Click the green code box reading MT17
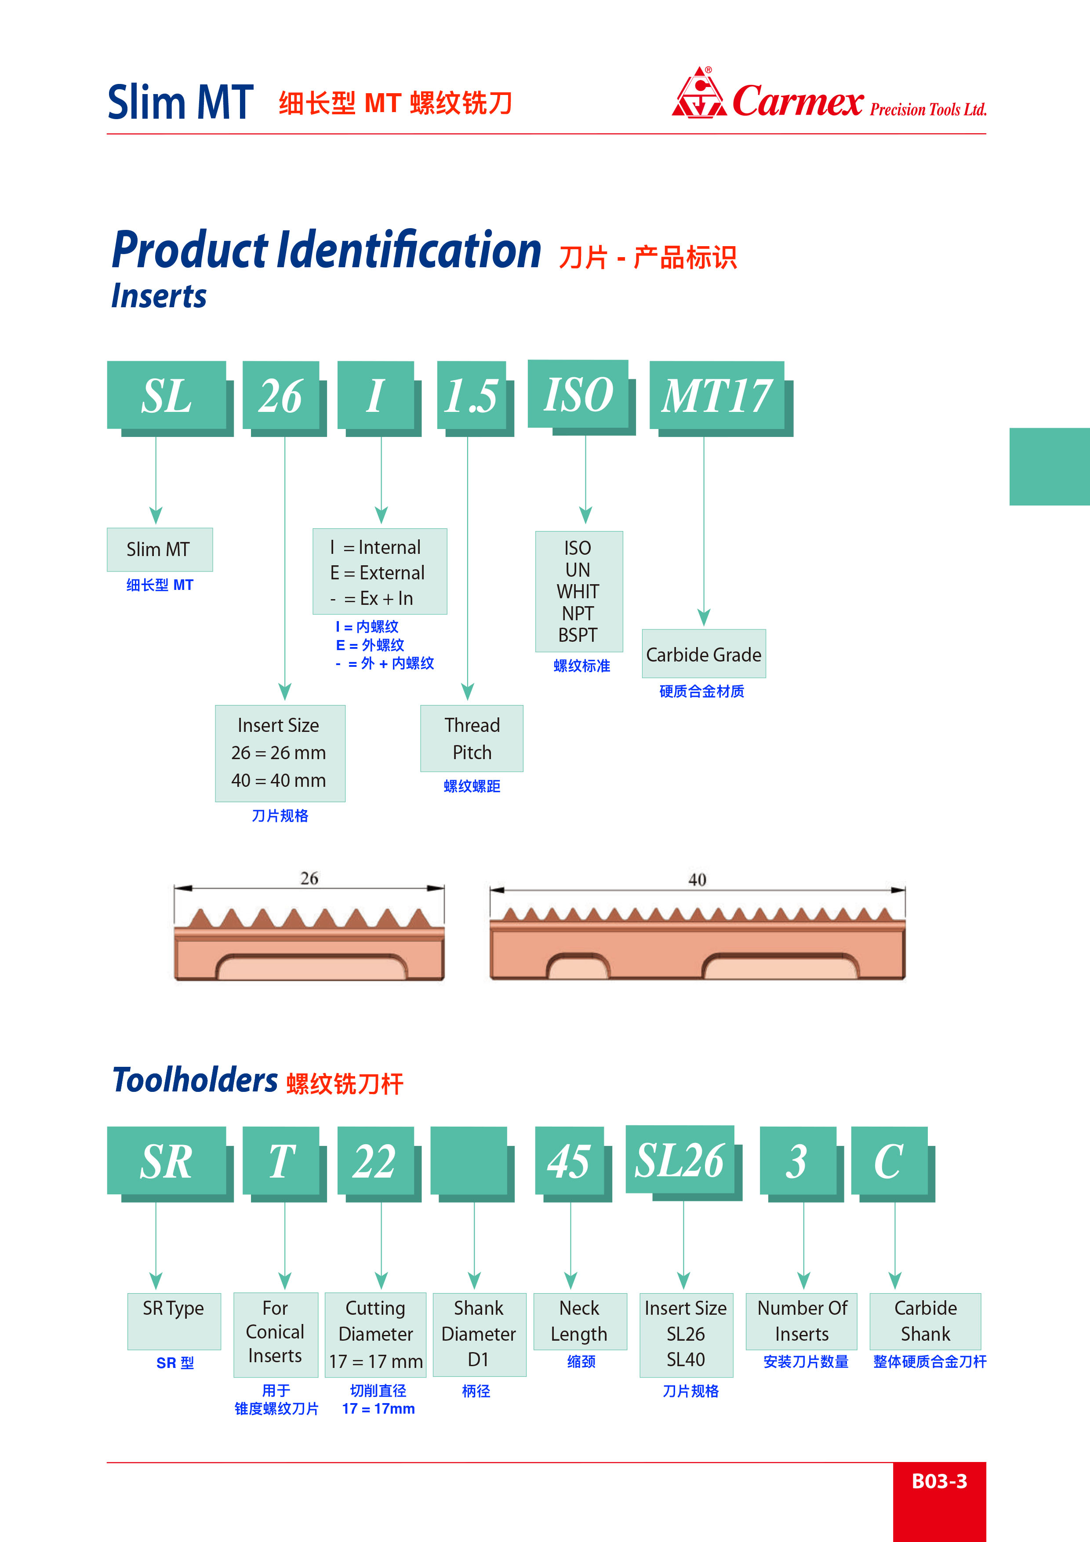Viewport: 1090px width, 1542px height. [x=716, y=396]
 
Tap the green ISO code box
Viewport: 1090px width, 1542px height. [x=578, y=394]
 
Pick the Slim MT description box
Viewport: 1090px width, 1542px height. [x=159, y=549]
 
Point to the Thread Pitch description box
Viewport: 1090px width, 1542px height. [x=472, y=738]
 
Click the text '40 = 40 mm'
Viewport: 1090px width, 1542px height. [x=279, y=780]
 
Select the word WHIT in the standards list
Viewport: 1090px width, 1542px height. [x=578, y=592]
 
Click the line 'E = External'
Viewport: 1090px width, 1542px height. [x=378, y=573]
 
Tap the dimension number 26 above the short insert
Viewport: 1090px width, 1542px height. [x=309, y=878]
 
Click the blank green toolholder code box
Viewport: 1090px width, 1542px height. [x=469, y=1160]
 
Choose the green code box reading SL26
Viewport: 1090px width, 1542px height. [x=679, y=1160]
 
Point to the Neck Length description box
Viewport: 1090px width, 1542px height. [x=580, y=1321]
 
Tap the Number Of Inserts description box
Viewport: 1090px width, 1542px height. [x=801, y=1321]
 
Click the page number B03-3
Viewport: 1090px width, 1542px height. [x=939, y=1481]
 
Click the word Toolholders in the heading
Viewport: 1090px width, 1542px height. [x=195, y=1080]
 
